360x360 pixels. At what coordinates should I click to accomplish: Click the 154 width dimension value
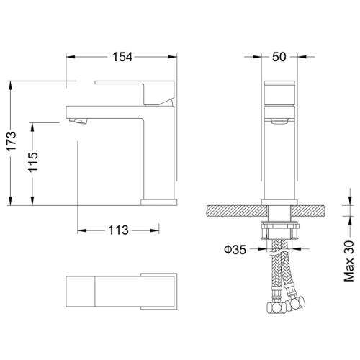point(122,57)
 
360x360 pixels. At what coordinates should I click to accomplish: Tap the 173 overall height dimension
point(12,141)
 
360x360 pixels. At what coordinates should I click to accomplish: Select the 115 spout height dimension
point(33,162)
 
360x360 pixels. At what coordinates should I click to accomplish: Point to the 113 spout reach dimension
point(118,230)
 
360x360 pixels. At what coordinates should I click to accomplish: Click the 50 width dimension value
point(279,57)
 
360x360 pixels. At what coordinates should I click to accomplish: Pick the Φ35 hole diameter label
point(235,250)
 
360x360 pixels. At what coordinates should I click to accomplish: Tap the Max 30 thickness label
point(349,261)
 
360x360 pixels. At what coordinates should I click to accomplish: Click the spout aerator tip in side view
point(77,121)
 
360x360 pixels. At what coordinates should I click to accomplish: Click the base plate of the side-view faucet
point(159,202)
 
